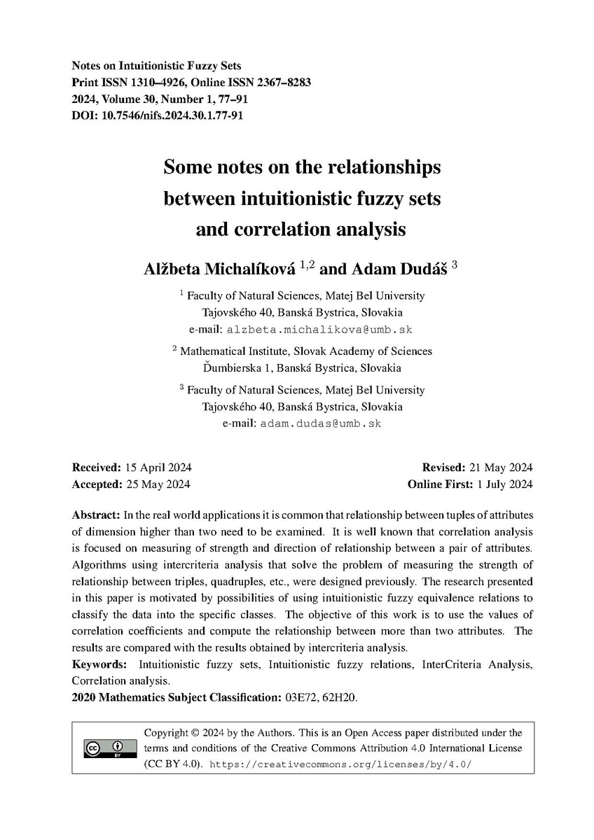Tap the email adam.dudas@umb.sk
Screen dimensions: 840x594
pos(321,423)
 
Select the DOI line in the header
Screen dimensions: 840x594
pos(158,116)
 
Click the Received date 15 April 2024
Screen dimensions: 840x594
pos(158,468)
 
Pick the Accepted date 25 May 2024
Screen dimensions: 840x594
pos(157,484)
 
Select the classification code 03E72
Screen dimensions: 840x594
pos(301,697)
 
